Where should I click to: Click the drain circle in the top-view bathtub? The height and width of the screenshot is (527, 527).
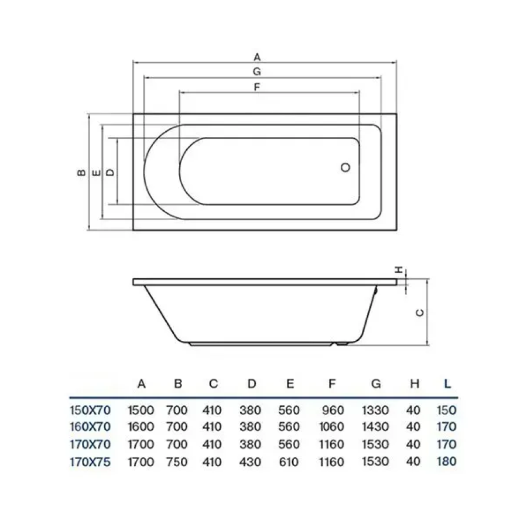(x=345, y=167)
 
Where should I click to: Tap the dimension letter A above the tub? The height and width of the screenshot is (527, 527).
(x=257, y=57)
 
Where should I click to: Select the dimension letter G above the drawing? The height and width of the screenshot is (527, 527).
(x=257, y=71)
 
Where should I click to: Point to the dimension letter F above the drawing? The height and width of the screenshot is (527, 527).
(x=257, y=87)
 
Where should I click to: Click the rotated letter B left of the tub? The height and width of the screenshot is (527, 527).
(x=81, y=172)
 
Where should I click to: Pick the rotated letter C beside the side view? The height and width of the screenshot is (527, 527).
(x=420, y=313)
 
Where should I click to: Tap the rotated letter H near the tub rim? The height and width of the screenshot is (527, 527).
(x=399, y=269)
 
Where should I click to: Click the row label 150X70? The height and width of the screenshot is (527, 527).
(x=90, y=410)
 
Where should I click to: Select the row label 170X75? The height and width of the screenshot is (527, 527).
(x=90, y=462)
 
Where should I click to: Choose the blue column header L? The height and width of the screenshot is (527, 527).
(x=447, y=384)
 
